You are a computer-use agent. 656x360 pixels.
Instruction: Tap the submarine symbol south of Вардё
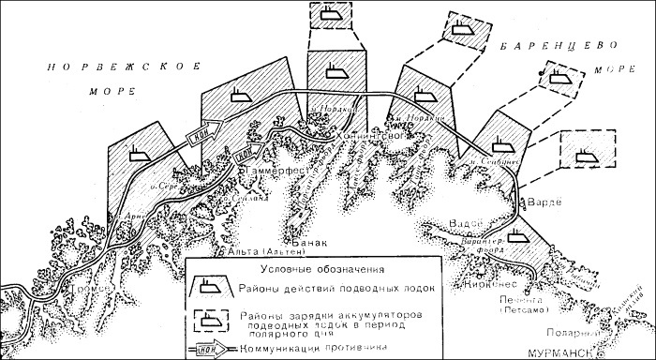coord(514,237)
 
